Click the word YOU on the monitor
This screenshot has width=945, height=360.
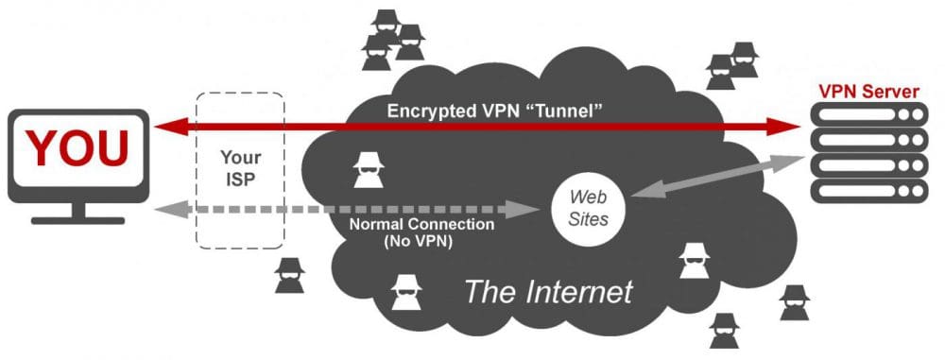[77, 147]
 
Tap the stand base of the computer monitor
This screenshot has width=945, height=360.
[77, 221]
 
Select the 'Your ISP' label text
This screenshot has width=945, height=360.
[240, 168]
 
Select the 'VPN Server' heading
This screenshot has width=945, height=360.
[868, 93]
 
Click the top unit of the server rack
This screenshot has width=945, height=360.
[868, 114]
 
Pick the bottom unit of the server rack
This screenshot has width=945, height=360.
[868, 191]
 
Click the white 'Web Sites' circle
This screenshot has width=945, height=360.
[588, 208]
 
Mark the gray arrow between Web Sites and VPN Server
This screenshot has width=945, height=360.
[717, 176]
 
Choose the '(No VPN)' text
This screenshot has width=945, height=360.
[421, 241]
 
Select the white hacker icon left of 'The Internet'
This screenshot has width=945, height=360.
[406, 293]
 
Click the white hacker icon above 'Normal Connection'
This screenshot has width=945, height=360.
[369, 170]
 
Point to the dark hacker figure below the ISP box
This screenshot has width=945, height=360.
[289, 276]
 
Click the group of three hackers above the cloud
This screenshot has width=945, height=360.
[392, 39]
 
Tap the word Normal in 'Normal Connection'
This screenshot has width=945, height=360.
[378, 225]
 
